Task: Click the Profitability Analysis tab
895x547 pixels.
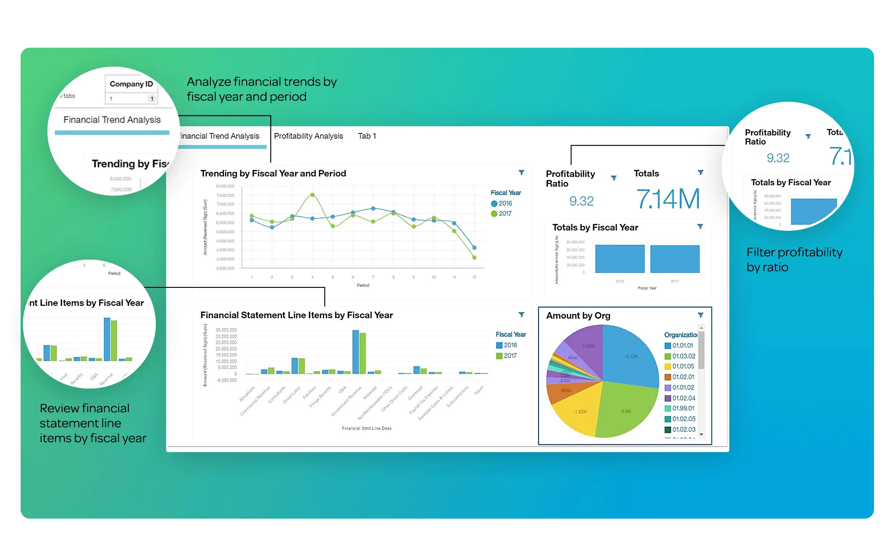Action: pos(308,136)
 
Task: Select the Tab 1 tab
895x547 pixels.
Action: pos(367,136)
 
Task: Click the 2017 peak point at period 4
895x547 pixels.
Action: pos(313,195)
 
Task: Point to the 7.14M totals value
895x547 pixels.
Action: pos(668,199)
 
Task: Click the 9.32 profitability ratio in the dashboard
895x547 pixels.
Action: pos(581,201)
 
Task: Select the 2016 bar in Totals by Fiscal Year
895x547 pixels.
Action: pos(620,259)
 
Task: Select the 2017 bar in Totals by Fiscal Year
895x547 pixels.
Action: pos(674,259)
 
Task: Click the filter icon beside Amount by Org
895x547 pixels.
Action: pos(701,315)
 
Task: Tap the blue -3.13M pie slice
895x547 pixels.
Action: pos(630,356)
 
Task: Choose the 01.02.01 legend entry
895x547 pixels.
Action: pos(683,377)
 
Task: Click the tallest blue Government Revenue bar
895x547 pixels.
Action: pos(355,352)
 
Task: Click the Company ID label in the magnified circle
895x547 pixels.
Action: pos(131,84)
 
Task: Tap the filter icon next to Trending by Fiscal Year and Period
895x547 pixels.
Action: pos(522,173)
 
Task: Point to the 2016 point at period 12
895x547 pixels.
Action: pos(474,248)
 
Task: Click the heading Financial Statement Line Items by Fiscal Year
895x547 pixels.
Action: pos(296,315)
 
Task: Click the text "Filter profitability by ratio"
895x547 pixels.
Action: pos(794,260)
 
